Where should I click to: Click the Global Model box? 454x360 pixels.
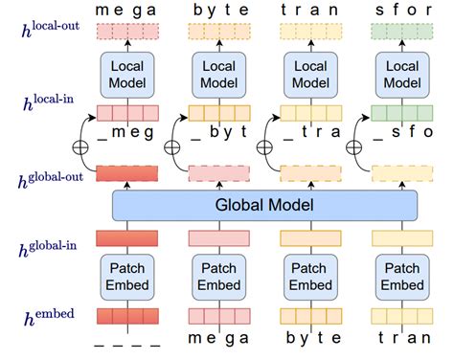264,205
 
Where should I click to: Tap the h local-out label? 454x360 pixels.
51,30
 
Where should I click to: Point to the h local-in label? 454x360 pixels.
49,102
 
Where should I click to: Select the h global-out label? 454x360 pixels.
51,180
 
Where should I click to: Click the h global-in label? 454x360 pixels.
48,249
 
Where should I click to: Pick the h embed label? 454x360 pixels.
49,317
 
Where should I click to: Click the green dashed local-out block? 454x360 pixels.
402,32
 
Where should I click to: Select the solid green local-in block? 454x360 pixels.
402,113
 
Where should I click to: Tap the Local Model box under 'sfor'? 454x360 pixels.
402,75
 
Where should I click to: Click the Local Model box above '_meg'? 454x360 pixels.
127,75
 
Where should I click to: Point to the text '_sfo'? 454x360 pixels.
403,132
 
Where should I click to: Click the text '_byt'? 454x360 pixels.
219,132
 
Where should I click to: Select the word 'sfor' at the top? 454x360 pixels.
403,10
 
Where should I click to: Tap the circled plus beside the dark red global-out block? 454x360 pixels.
80,147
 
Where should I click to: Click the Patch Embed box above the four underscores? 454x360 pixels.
127,277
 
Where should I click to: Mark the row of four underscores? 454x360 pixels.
127,346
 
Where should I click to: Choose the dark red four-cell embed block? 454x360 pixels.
127,316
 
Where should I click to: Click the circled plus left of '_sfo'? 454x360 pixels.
354,147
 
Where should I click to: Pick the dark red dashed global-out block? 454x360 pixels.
127,173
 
